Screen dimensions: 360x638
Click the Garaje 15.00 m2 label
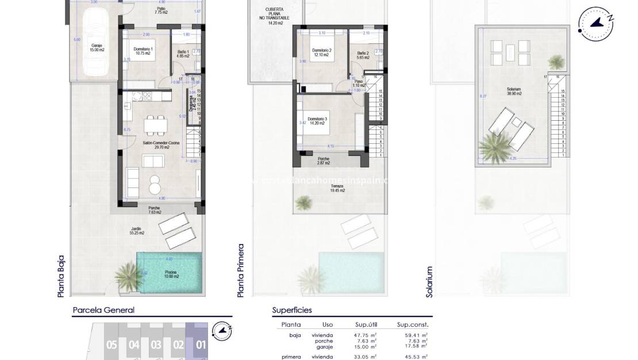(x=97, y=48)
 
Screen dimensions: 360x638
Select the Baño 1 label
(x=183, y=54)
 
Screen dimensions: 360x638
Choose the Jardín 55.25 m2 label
(x=137, y=231)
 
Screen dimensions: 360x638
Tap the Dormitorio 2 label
(x=322, y=52)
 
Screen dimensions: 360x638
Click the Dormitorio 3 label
(x=317, y=121)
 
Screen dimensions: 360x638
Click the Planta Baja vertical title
(x=61, y=276)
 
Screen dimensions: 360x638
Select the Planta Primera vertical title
(x=241, y=270)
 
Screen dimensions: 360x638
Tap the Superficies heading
(x=292, y=310)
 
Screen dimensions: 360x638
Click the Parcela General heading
(x=103, y=310)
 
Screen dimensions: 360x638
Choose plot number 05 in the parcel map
(x=112, y=345)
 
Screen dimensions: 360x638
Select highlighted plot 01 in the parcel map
(x=201, y=345)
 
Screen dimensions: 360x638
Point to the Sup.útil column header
(x=366, y=324)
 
